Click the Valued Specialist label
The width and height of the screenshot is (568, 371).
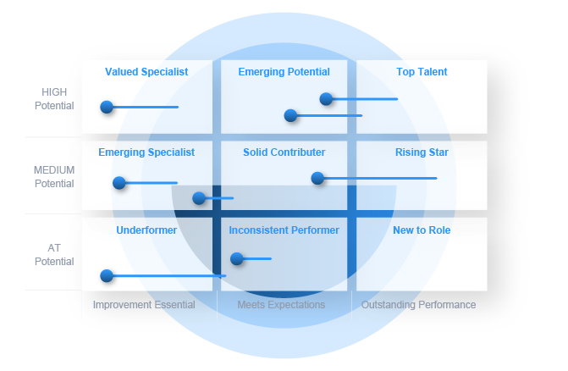146,72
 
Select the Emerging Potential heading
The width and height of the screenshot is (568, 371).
284,72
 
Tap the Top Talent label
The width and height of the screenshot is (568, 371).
422,72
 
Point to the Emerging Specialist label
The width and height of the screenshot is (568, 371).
146,152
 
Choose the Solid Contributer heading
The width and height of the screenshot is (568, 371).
284,152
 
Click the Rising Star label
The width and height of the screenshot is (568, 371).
422,152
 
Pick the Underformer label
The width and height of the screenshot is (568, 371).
146,230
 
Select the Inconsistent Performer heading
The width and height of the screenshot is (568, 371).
284,230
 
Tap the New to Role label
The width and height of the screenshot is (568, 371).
422,230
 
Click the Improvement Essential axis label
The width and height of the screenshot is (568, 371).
144,305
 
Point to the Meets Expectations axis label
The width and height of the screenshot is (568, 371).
281,305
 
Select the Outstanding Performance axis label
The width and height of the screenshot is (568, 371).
419,305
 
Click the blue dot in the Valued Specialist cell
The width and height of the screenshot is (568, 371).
107,107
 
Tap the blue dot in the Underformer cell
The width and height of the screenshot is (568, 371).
107,275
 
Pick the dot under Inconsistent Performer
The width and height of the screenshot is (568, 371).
237,258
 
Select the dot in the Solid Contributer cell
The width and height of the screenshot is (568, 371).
317,178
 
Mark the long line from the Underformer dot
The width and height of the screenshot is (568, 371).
169,276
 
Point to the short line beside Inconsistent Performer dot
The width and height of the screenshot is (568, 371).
257,258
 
